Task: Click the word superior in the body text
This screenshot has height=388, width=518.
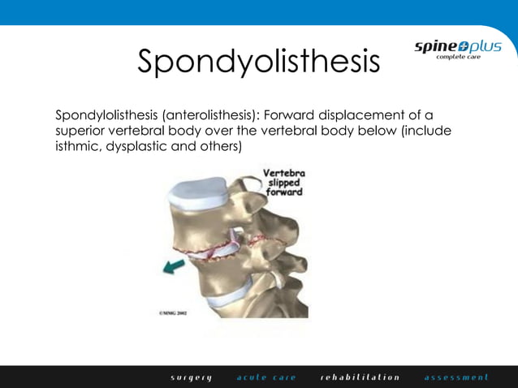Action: click(81, 131)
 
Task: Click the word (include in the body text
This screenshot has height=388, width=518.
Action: click(425, 131)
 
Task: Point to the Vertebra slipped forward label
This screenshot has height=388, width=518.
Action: click(284, 183)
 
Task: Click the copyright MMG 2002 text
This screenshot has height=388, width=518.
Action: click(172, 311)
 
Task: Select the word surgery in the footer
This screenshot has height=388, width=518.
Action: click(192, 377)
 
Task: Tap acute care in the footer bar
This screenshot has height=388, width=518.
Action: click(266, 377)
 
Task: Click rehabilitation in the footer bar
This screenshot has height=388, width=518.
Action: click(360, 377)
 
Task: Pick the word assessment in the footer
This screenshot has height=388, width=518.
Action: click(456, 377)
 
